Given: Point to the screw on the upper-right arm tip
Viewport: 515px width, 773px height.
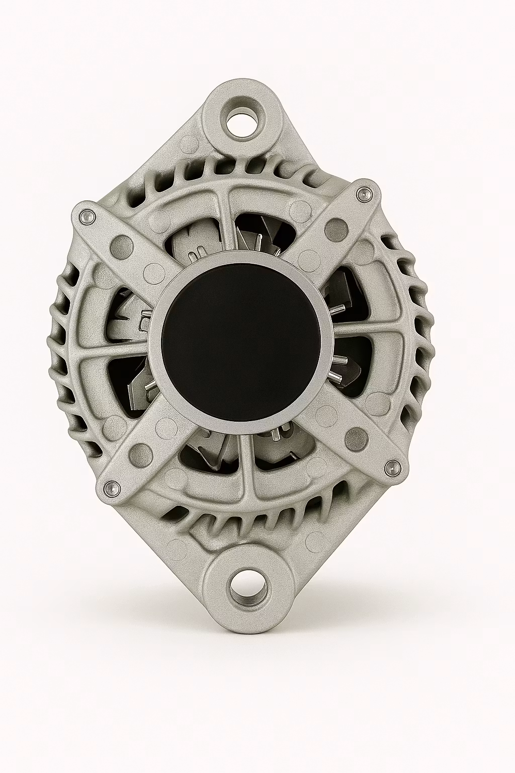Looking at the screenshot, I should [x=362, y=194].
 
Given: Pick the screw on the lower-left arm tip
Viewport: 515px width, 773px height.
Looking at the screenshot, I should [x=112, y=487].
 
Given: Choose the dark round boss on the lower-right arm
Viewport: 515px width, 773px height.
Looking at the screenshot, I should [x=358, y=434].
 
